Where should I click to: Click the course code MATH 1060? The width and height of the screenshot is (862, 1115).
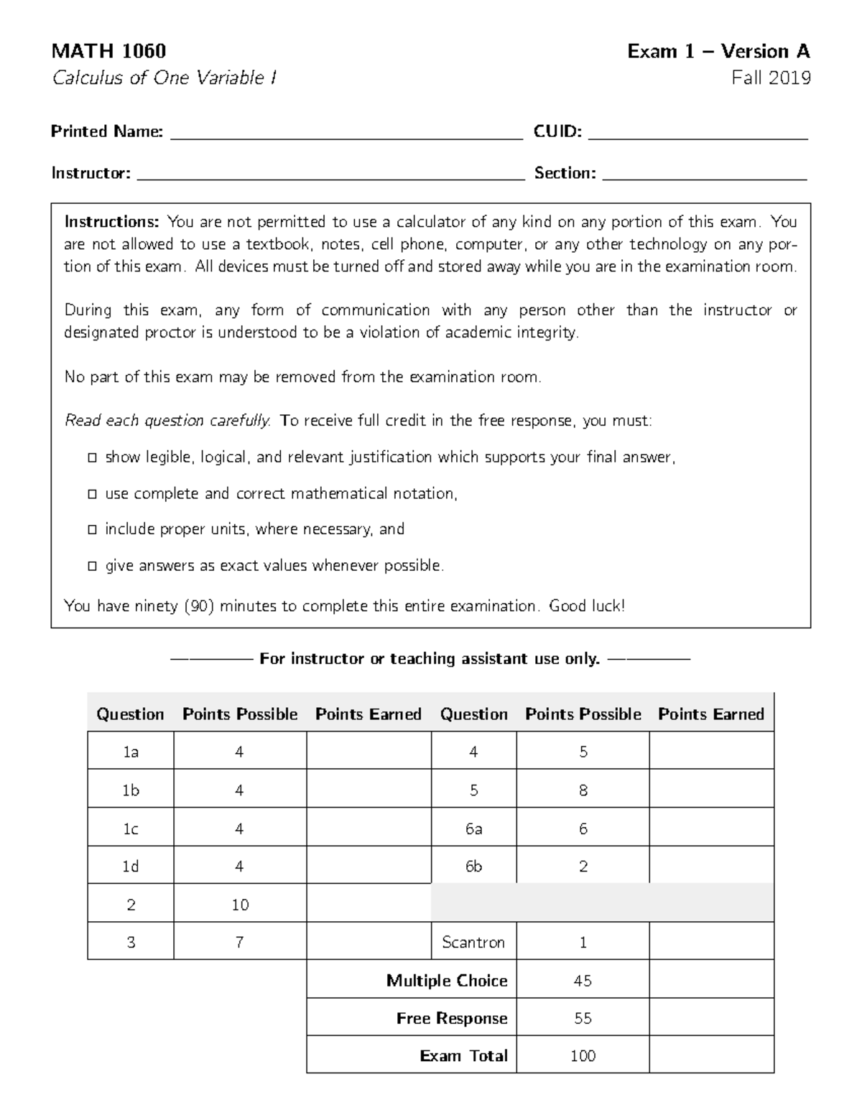108,51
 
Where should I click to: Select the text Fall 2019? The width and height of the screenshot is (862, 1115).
771,78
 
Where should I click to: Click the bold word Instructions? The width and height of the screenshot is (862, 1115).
113,222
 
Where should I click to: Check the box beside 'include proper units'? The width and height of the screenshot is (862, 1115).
92,530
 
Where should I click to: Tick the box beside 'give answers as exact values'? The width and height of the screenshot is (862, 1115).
92,566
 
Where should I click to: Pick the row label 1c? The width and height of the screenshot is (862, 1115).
131,829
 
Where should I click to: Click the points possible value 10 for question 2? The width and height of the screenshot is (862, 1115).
240,905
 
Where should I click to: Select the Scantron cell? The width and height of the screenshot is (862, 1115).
473,942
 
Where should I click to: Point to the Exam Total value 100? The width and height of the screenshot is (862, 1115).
583,1055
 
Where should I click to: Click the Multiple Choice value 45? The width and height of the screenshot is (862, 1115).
583,981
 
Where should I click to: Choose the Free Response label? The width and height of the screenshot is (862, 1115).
452,1018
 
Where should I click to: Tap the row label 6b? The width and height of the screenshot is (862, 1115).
473,867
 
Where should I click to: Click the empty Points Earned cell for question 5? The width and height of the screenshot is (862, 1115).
711,790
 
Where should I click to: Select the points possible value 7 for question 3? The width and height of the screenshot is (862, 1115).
240,942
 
